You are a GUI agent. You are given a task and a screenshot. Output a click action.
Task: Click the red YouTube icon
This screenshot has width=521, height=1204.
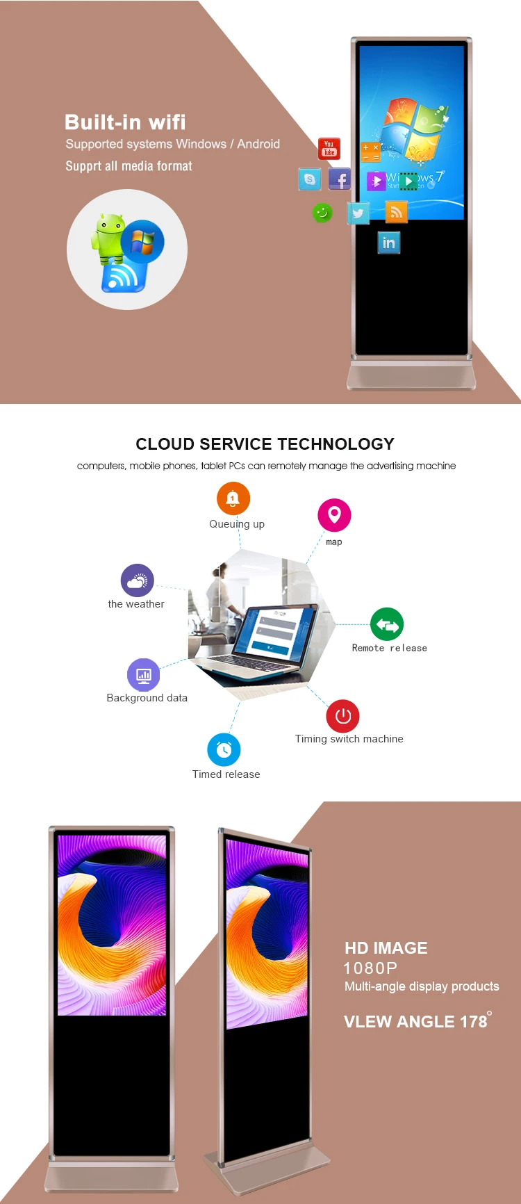[x=329, y=148]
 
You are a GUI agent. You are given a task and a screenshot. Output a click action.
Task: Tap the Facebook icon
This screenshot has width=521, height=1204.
[x=339, y=179]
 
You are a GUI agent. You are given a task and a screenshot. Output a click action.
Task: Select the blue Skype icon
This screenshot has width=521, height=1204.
[x=310, y=179]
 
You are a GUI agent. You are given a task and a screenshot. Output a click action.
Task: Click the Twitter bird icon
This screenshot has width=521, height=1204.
[x=358, y=213]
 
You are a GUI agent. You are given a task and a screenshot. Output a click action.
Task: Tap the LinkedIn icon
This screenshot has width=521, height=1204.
[x=389, y=243]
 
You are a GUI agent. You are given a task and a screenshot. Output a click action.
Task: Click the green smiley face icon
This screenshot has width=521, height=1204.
[x=322, y=213]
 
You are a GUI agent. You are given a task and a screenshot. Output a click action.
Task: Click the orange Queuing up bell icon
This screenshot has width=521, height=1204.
[x=233, y=498]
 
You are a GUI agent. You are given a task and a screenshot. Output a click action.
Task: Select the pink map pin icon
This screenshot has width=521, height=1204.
[x=334, y=515]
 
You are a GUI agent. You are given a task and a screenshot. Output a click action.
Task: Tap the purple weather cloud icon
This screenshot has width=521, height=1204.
[x=137, y=580]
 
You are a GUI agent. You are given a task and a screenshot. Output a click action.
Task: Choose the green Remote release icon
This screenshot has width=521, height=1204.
[x=387, y=625]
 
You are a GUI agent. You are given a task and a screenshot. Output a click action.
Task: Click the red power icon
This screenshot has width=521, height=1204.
[x=343, y=716]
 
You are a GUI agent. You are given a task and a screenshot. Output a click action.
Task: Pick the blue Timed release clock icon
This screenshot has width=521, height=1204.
[x=224, y=749]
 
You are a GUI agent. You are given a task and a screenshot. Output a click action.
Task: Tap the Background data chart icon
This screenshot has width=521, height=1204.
[x=144, y=675]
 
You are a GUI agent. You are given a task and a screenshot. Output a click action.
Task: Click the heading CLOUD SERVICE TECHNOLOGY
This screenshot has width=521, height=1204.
[x=265, y=444]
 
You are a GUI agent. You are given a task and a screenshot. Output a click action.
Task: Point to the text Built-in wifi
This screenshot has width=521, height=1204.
[x=125, y=122]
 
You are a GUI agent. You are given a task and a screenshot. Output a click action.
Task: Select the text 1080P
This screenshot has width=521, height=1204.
[x=370, y=968]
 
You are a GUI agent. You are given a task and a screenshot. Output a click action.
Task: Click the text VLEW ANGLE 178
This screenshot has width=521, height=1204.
[x=415, y=1021]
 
